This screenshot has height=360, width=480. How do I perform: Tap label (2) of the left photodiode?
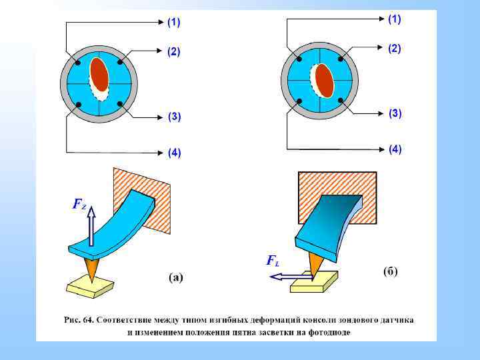173,52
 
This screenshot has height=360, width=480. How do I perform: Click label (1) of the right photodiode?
395,19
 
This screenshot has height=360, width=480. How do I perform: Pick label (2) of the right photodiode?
395,49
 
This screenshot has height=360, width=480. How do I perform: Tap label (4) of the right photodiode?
395,149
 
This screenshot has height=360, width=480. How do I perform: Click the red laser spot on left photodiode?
99,75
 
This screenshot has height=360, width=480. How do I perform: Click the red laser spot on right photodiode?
325,81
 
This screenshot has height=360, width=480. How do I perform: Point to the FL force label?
272,261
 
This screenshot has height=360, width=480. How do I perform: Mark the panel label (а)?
175,277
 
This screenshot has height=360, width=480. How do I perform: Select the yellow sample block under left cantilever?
89,286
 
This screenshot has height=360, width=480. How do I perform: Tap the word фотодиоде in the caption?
327,331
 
